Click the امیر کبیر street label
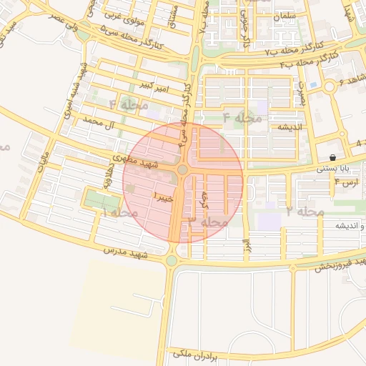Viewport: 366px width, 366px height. (156, 86)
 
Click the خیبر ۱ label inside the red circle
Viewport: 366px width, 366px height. (163, 195)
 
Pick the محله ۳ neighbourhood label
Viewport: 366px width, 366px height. (208, 222)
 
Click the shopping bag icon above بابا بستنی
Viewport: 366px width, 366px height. (332, 157)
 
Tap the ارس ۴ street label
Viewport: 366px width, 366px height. (345, 183)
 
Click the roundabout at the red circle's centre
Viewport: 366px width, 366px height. (182, 169)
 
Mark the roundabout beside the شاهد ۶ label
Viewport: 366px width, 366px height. (330, 86)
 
